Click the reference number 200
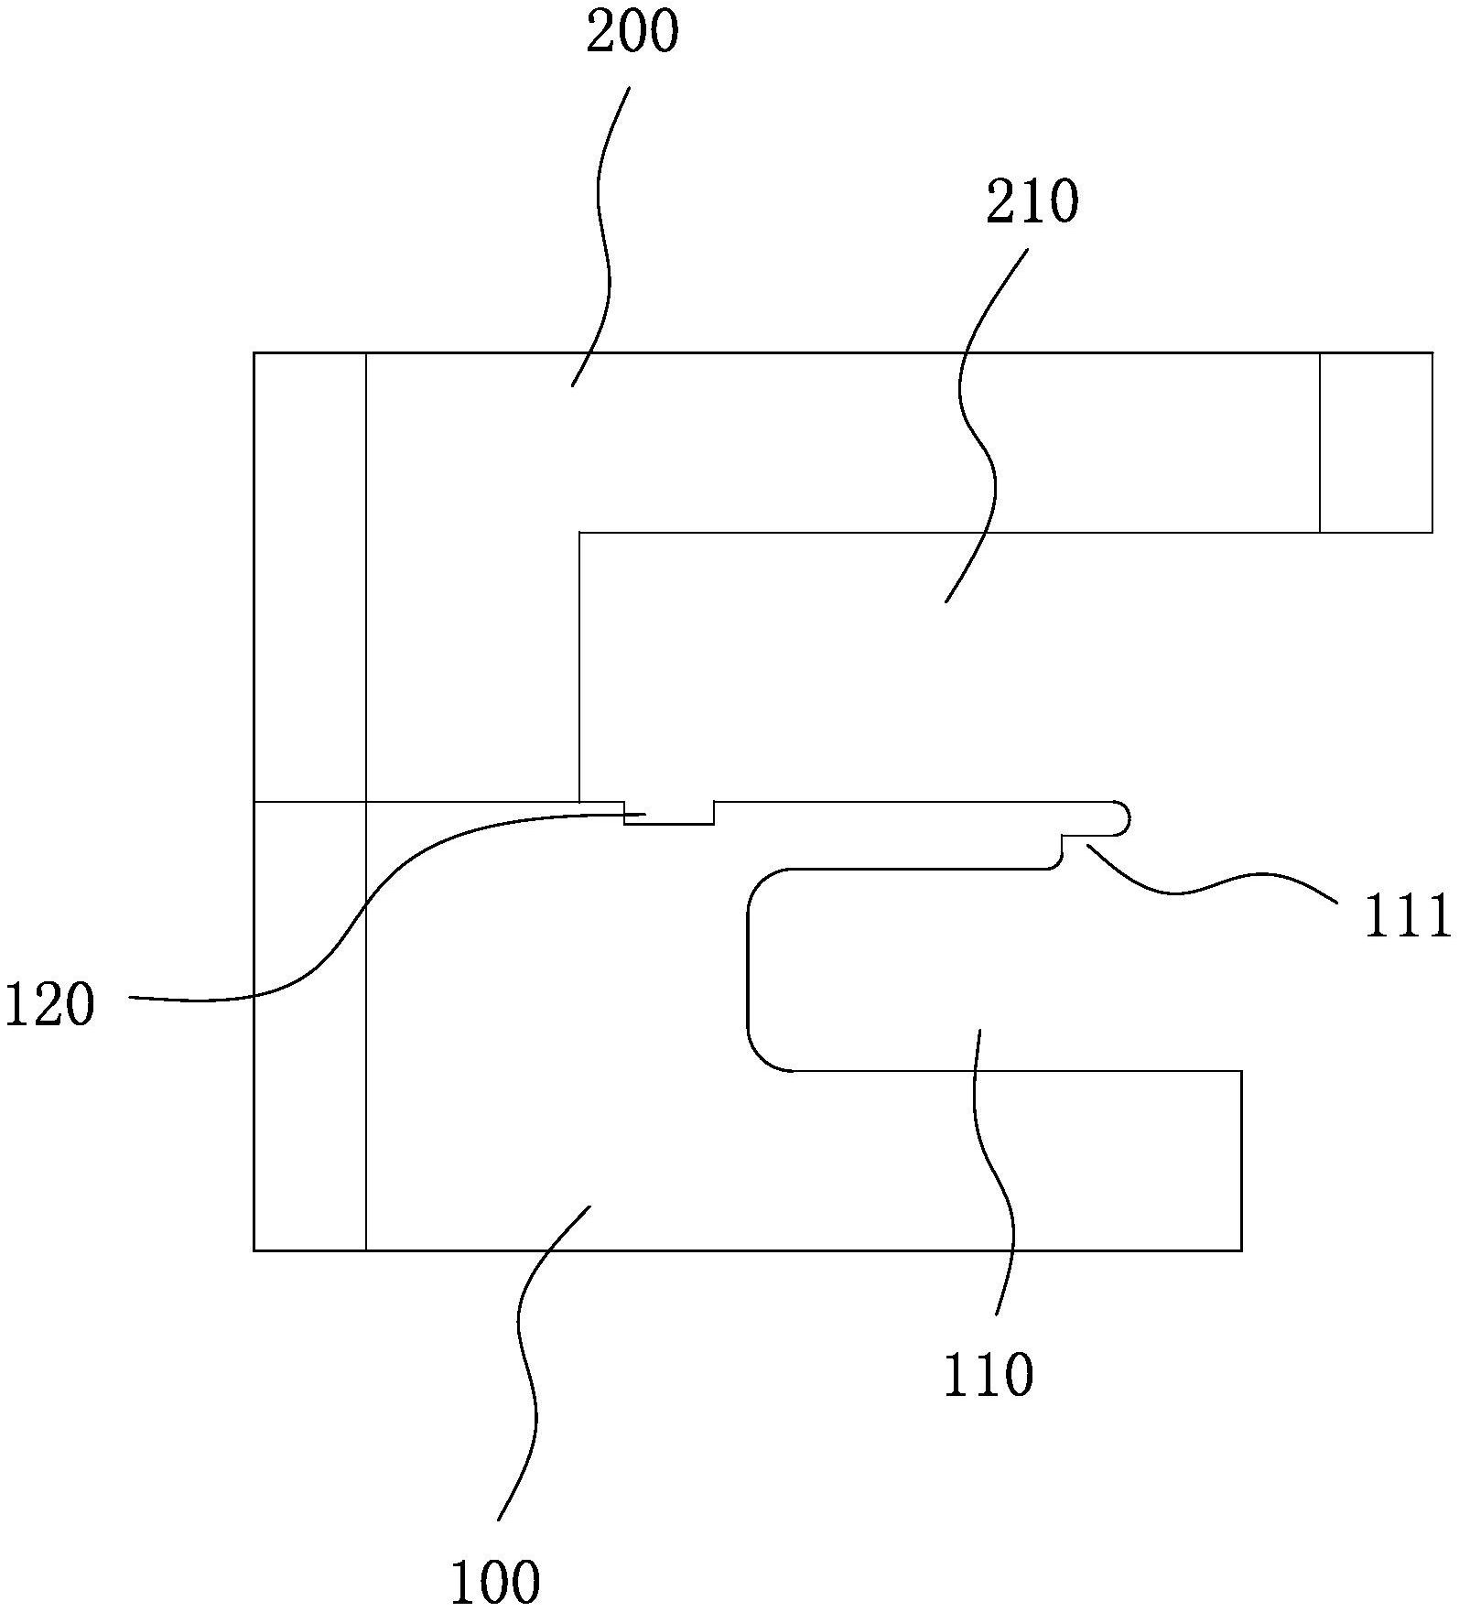[632, 35]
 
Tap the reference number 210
[1032, 202]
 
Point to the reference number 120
[49, 1004]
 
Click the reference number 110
[988, 1375]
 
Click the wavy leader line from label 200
[601, 229]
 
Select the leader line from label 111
[1208, 883]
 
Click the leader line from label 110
[1002, 1181]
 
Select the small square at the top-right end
[1376, 442]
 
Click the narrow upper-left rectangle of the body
[309, 577]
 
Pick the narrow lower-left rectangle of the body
[309, 1025]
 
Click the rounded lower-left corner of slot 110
[764, 1055]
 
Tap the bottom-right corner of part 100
[1240, 1250]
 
